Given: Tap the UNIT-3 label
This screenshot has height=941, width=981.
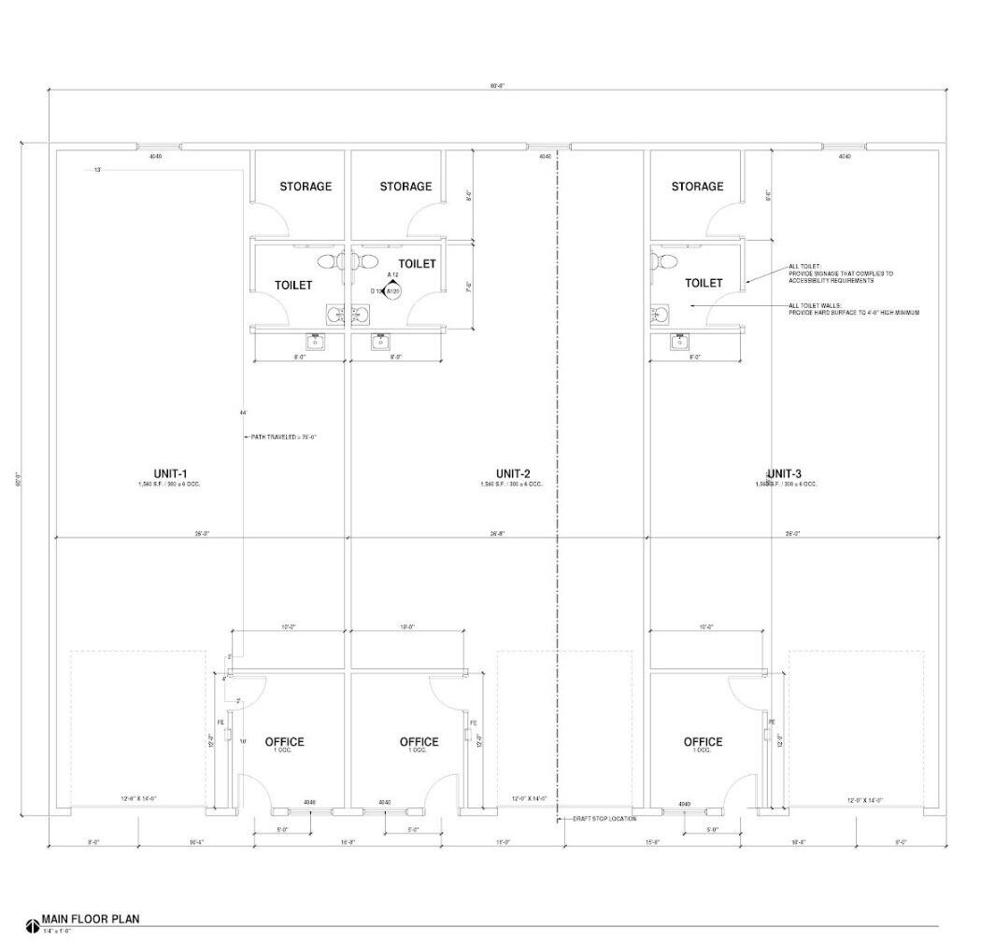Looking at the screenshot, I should (x=784, y=474).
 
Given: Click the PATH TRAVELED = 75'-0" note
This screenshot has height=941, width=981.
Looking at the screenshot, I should (x=283, y=437).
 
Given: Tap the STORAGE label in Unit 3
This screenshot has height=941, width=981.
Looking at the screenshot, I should (x=697, y=187).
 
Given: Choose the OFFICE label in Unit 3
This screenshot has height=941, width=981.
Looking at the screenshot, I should (x=703, y=742).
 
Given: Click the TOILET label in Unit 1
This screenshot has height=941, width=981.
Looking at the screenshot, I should (x=293, y=285).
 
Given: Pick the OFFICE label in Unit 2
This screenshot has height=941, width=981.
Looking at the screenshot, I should (x=419, y=742).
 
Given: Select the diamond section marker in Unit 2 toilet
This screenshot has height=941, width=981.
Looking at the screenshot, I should (x=393, y=290).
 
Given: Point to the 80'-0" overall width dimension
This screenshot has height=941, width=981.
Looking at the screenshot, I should (x=498, y=85).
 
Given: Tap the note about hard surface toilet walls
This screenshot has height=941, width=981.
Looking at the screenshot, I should (x=853, y=309).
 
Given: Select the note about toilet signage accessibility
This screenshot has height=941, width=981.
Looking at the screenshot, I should (x=840, y=274).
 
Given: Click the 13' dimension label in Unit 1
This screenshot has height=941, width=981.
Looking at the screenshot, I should (x=97, y=170).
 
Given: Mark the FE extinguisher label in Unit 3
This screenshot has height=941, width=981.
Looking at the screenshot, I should (x=772, y=722).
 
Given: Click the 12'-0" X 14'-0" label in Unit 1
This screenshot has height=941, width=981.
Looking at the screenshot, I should (x=138, y=798).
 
